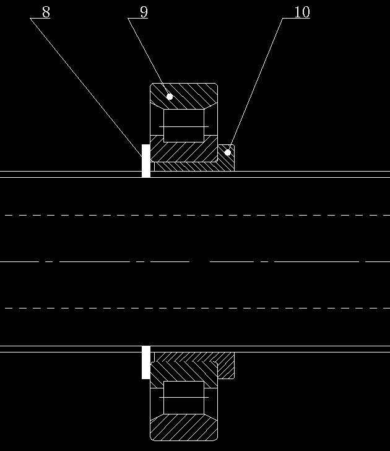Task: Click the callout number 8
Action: (46, 12)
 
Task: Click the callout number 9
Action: (144, 12)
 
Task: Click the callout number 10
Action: (302, 12)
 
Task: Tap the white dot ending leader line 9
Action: (170, 97)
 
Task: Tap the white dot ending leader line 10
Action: (228, 152)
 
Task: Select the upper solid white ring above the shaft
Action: (146, 161)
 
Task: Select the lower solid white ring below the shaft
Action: (146, 362)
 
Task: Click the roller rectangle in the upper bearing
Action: (184, 125)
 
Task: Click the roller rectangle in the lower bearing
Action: (184, 398)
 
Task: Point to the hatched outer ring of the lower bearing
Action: (184, 429)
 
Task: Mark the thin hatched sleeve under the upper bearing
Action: (185, 167)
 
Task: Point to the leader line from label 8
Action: (86, 87)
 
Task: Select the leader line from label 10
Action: (255, 85)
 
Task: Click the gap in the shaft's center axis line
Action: (200, 261)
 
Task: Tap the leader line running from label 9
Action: (149, 57)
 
